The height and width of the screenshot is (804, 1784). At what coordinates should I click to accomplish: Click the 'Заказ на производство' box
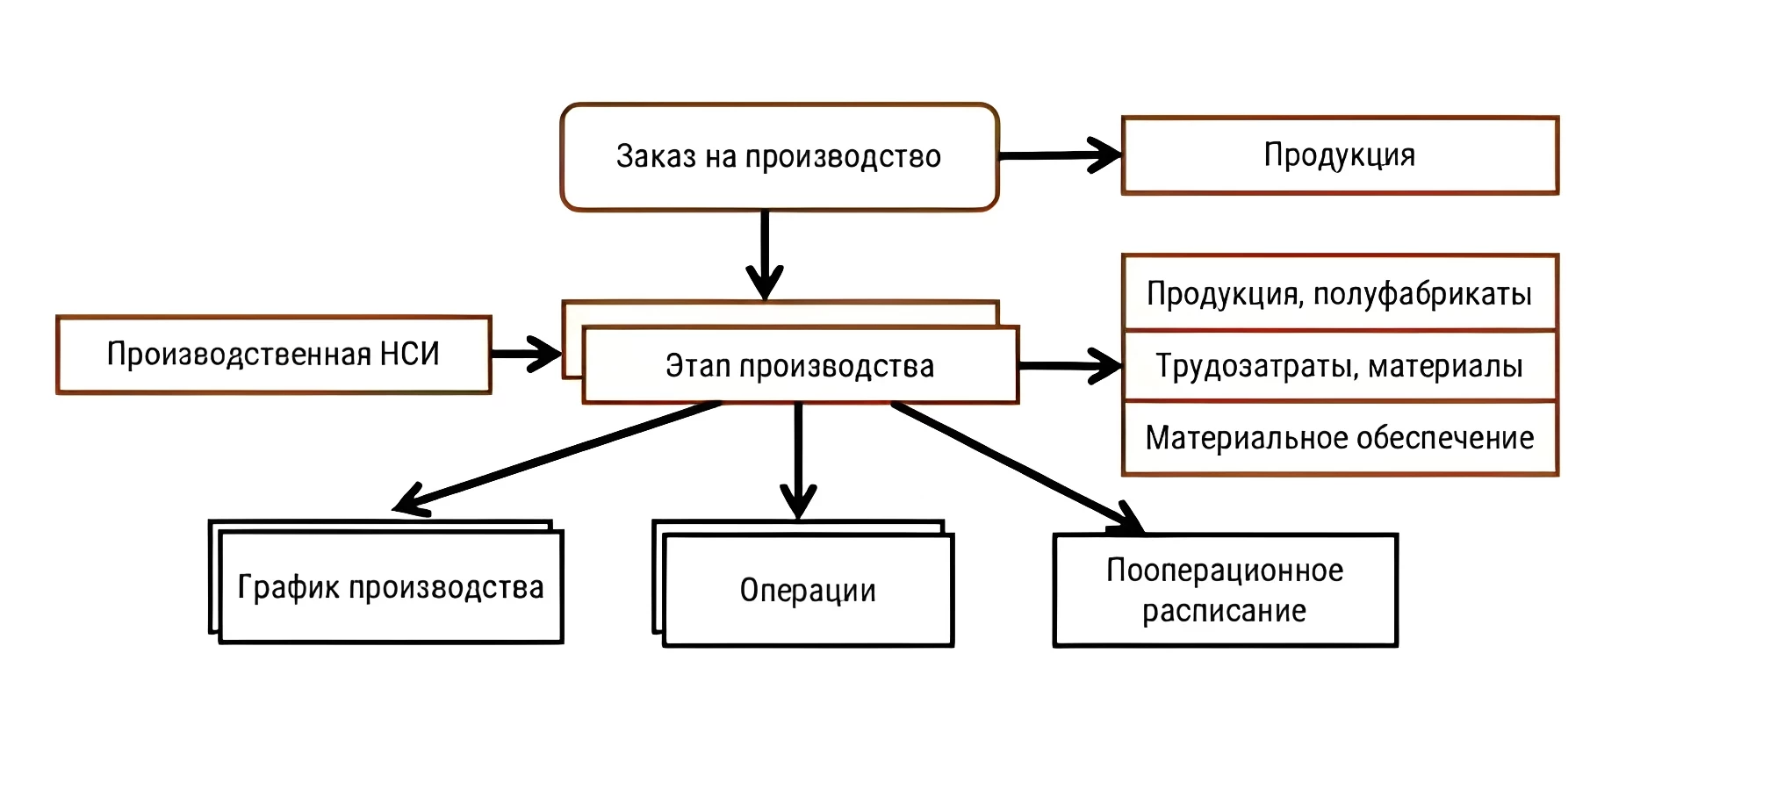(779, 157)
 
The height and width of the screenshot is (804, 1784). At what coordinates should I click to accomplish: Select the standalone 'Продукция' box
(1340, 155)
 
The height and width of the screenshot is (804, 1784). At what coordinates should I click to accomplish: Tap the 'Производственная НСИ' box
(273, 355)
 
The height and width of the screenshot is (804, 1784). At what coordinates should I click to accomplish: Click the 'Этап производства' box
(800, 366)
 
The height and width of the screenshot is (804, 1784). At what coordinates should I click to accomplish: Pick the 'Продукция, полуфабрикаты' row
(1340, 293)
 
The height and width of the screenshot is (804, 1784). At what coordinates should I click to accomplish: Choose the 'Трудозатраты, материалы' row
(1340, 366)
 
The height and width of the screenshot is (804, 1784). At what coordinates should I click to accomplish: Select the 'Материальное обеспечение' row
(1340, 438)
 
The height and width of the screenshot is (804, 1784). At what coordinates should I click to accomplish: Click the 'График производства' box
(391, 587)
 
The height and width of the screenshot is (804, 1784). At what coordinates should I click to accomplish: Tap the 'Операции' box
(808, 591)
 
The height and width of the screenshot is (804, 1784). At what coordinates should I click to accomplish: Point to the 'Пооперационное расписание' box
(1225, 591)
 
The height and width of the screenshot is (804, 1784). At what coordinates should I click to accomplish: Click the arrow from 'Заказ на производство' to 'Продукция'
(1058, 156)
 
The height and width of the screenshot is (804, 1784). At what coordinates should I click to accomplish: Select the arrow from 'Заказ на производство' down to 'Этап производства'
(765, 255)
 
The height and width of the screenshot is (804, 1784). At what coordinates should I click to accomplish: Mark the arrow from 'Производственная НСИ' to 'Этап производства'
(525, 354)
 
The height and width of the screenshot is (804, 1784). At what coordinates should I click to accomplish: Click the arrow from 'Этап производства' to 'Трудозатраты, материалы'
(1068, 366)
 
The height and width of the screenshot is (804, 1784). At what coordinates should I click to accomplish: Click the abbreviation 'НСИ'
(409, 355)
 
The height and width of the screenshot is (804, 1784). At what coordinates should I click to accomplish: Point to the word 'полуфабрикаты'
(1422, 293)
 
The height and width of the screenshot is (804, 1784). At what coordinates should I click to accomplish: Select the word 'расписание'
(1224, 611)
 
